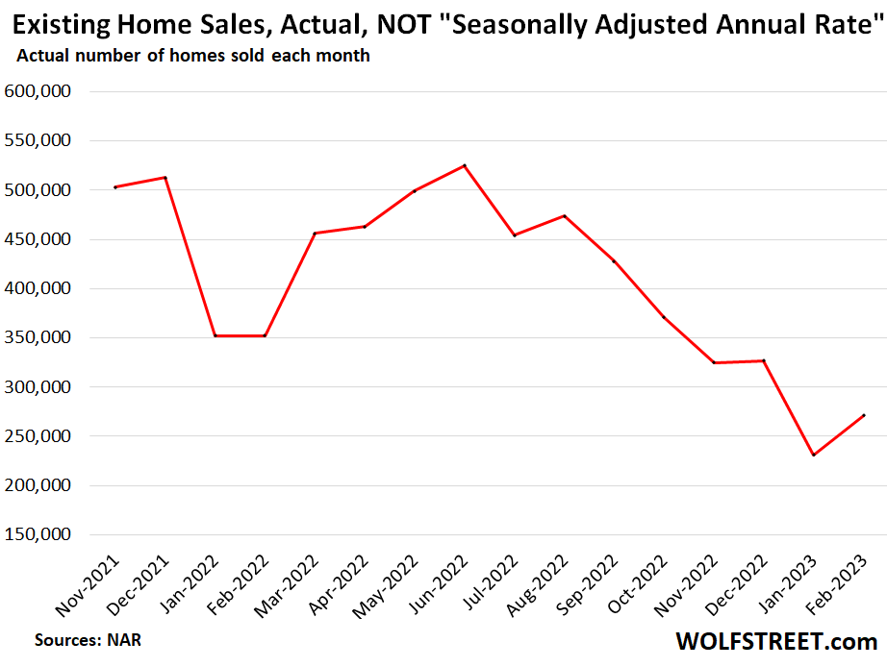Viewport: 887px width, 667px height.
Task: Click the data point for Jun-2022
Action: [465, 165]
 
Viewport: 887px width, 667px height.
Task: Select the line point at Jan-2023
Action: [814, 455]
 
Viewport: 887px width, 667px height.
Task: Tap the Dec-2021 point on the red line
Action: [165, 177]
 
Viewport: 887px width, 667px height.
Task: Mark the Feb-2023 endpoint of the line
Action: [864, 415]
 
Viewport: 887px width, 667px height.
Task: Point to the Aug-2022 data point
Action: [565, 215]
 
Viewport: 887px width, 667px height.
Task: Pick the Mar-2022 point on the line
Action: [315, 233]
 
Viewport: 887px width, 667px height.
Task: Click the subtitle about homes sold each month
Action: [192, 57]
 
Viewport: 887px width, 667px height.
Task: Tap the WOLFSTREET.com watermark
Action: [776, 641]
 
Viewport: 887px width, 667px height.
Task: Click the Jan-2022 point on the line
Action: [215, 335]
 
